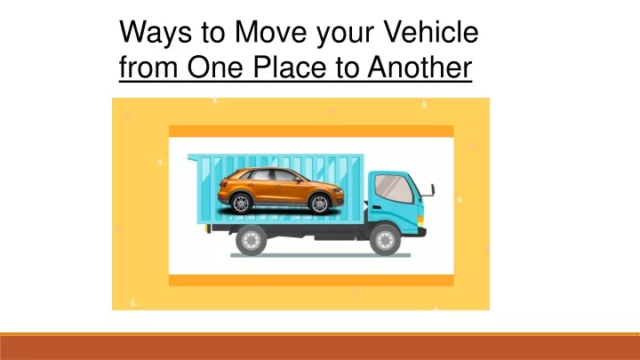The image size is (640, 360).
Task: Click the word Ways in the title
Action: coord(156,33)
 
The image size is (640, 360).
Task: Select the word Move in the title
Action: coord(270,31)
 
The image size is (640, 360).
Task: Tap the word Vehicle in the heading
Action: coord(430,31)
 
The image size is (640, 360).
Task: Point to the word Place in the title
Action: coord(290,67)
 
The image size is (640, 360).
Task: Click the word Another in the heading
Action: coord(420,67)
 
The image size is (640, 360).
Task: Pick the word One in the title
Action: coord(215,67)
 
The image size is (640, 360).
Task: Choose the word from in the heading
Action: coord(148,67)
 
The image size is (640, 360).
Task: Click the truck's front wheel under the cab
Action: coord(385,240)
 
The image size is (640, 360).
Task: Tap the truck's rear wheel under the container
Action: coord(251,240)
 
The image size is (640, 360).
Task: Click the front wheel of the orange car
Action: coord(319,204)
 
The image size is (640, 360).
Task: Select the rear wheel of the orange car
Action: coord(241,203)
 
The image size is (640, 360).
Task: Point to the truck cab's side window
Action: coord(394,188)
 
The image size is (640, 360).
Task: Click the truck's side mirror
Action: coord(432,190)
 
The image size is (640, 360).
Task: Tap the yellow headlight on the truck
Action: coord(420,220)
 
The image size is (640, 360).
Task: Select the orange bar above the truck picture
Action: coord(311,131)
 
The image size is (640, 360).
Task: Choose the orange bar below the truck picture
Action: coord(311,280)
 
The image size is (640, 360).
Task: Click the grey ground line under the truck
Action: coord(320,255)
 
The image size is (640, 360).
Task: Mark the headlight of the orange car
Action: coord(337,190)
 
